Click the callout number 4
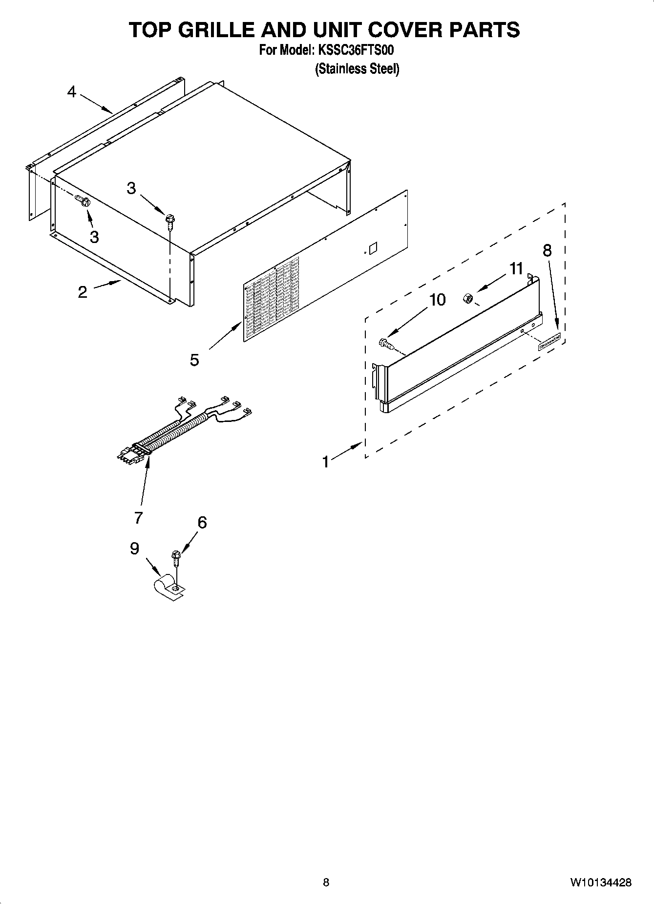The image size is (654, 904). pyautogui.click(x=72, y=92)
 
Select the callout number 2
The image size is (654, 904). pyautogui.click(x=83, y=292)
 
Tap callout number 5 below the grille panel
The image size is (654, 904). pyautogui.click(x=194, y=360)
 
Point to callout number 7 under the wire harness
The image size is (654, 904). pyautogui.click(x=138, y=517)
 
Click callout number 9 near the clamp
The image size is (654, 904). pyautogui.click(x=135, y=549)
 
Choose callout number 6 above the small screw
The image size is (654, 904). pyautogui.click(x=202, y=523)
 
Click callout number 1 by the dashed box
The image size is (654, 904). pyautogui.click(x=326, y=462)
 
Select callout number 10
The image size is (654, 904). pyautogui.click(x=437, y=300)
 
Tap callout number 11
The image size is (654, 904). pyautogui.click(x=516, y=268)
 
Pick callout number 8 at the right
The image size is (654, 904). pyautogui.click(x=547, y=250)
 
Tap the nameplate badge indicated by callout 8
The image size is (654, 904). pyautogui.click(x=549, y=342)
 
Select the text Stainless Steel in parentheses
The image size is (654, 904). pyautogui.click(x=357, y=69)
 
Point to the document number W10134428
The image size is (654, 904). pyautogui.click(x=600, y=882)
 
